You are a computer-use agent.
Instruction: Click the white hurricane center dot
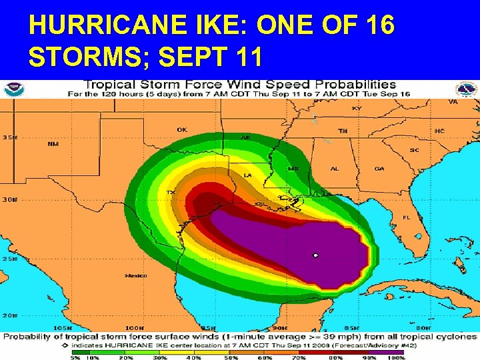click(x=316, y=255)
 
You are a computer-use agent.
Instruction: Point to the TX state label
click(x=171, y=193)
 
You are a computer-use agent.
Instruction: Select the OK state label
click(x=182, y=129)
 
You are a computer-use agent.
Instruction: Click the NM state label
click(x=53, y=143)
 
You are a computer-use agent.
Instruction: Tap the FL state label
click(x=407, y=217)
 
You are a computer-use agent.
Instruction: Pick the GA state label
click(x=379, y=169)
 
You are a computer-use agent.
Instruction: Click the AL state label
click(x=335, y=169)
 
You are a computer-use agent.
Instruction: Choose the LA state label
click(x=247, y=175)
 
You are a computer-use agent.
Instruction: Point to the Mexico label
click(x=136, y=275)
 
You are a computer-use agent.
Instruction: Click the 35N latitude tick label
click(x=9, y=137)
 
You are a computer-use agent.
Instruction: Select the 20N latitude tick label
click(x=9, y=315)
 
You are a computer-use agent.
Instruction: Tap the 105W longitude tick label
click(x=61, y=327)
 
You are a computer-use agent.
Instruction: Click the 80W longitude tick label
click(x=422, y=327)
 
